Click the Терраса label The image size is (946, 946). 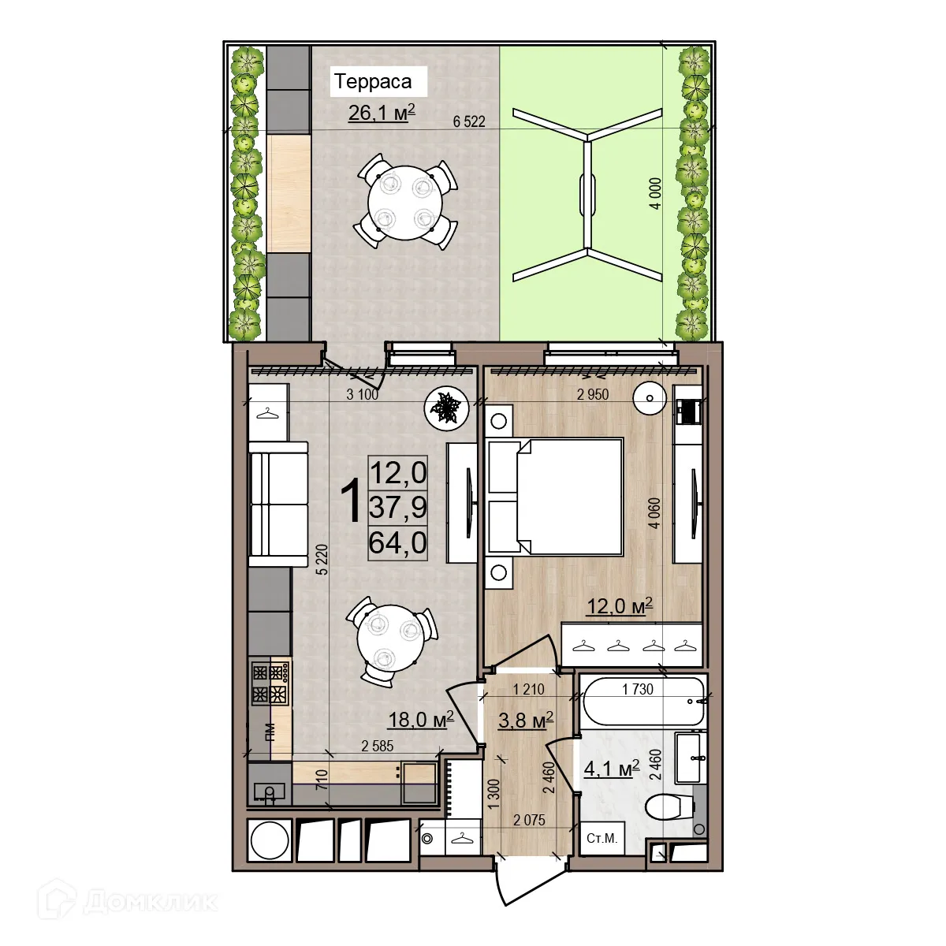373,81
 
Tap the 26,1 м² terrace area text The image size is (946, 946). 382,114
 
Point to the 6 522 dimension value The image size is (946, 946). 469,122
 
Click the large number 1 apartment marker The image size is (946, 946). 352,501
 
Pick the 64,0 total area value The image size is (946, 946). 398,542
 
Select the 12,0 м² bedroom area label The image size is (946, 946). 619,605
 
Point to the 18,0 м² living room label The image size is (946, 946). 420,719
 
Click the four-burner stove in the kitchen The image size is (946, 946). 270,683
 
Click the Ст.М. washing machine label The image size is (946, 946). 601,838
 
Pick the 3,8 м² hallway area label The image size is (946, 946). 526,720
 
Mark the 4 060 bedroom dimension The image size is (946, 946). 654,513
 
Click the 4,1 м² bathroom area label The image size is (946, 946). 611,769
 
